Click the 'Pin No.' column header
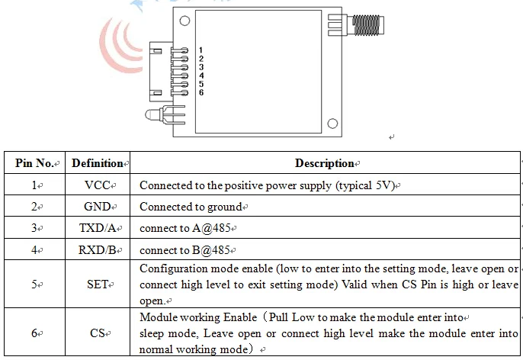33,163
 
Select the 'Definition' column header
98,163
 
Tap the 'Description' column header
324,163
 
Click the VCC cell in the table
98,185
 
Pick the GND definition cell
98,207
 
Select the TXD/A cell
98,228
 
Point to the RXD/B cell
98,249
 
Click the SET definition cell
98,284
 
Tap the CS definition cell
98,333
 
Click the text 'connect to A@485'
184,228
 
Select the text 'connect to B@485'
184,249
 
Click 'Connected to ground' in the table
190,207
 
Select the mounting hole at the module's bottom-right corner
333,123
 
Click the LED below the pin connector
152,116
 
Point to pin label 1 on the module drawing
201,50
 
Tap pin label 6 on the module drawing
201,93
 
